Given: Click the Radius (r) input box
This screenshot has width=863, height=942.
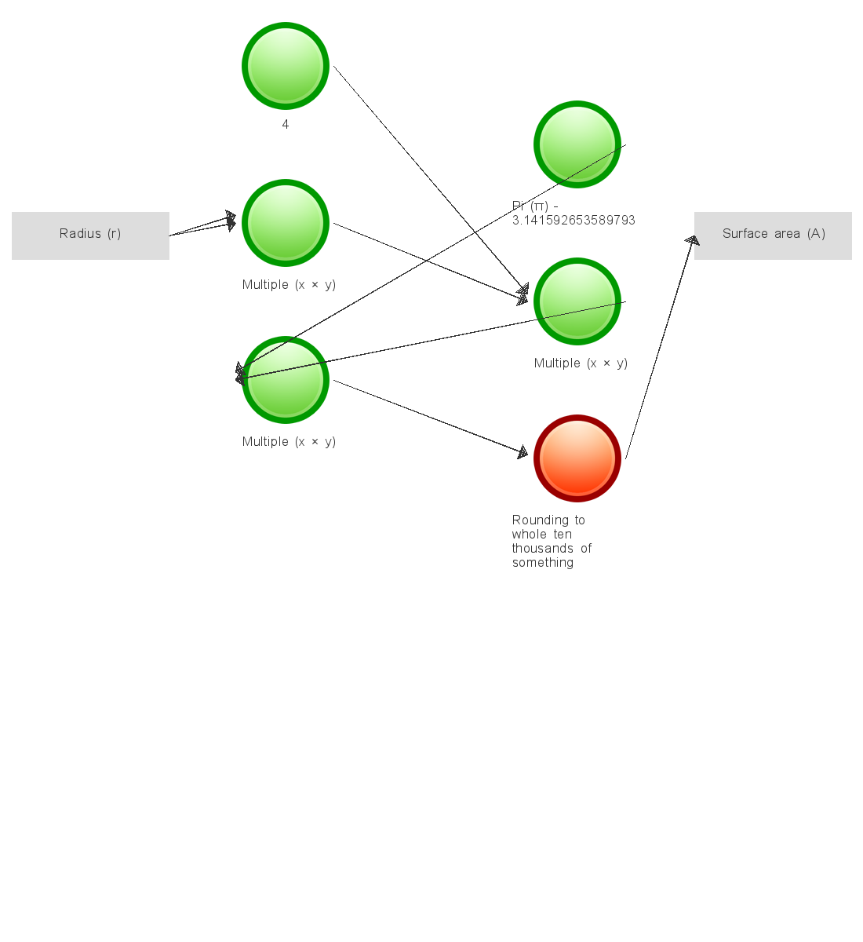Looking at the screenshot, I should coord(90,235).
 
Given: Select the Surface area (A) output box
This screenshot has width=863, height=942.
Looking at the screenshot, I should coord(773,235).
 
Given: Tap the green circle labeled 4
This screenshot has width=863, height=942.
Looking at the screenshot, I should coord(286,66).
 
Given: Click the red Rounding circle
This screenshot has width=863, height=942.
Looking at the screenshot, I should coord(577,458).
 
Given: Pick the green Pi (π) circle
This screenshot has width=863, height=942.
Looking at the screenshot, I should coord(577,144).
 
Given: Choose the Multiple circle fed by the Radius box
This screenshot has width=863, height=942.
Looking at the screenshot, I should coord(286,223).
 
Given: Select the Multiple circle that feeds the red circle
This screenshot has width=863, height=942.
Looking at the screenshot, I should coord(286,380).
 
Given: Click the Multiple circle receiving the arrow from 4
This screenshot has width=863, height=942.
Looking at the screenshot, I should coord(577,301).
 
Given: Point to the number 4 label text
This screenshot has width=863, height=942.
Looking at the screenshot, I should coord(286,125).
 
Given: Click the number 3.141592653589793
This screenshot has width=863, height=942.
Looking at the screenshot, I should coord(574,221).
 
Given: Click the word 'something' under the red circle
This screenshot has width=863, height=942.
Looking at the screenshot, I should coord(543,563).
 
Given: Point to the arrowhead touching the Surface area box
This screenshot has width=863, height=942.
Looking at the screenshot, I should coord(692,240).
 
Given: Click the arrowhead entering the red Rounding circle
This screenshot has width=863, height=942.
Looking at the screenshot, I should coord(522,452).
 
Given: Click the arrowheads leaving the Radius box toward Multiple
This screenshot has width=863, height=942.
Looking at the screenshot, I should coord(230,221).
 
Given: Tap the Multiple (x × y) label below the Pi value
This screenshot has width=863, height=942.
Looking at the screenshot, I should coord(581,363).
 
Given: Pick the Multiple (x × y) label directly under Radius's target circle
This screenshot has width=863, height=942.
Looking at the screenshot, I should coord(289,285).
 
